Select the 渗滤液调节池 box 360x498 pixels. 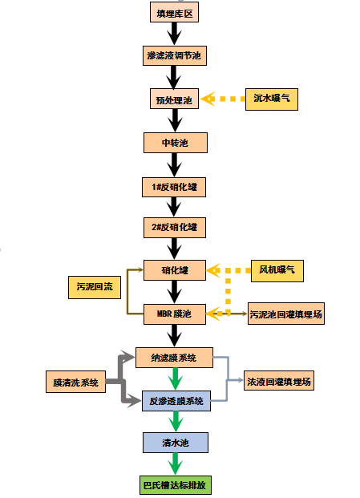tap(175, 55)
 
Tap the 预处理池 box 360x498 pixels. tap(174, 99)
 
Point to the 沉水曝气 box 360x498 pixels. tap(272, 99)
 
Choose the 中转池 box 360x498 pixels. tap(176, 143)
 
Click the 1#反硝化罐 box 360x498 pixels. tap(174, 187)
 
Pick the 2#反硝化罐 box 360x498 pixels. tap(175, 228)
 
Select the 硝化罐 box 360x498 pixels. tap(175, 270)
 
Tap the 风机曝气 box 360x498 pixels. tap(277, 271)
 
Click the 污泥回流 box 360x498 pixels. tap(95, 287)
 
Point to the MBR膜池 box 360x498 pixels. tap(175, 314)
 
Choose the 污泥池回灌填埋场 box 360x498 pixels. tap(286, 314)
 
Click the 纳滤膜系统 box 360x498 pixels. tap(174, 358)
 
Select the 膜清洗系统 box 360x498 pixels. tap(75, 382)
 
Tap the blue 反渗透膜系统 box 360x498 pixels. tap(176, 401)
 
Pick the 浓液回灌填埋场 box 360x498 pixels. tap(279, 380)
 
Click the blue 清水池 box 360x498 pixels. tap(176, 443)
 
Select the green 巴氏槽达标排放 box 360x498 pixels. tap(176, 485)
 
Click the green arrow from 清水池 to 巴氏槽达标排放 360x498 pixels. tap(176, 464)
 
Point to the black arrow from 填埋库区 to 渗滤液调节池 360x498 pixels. tap(174, 34)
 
